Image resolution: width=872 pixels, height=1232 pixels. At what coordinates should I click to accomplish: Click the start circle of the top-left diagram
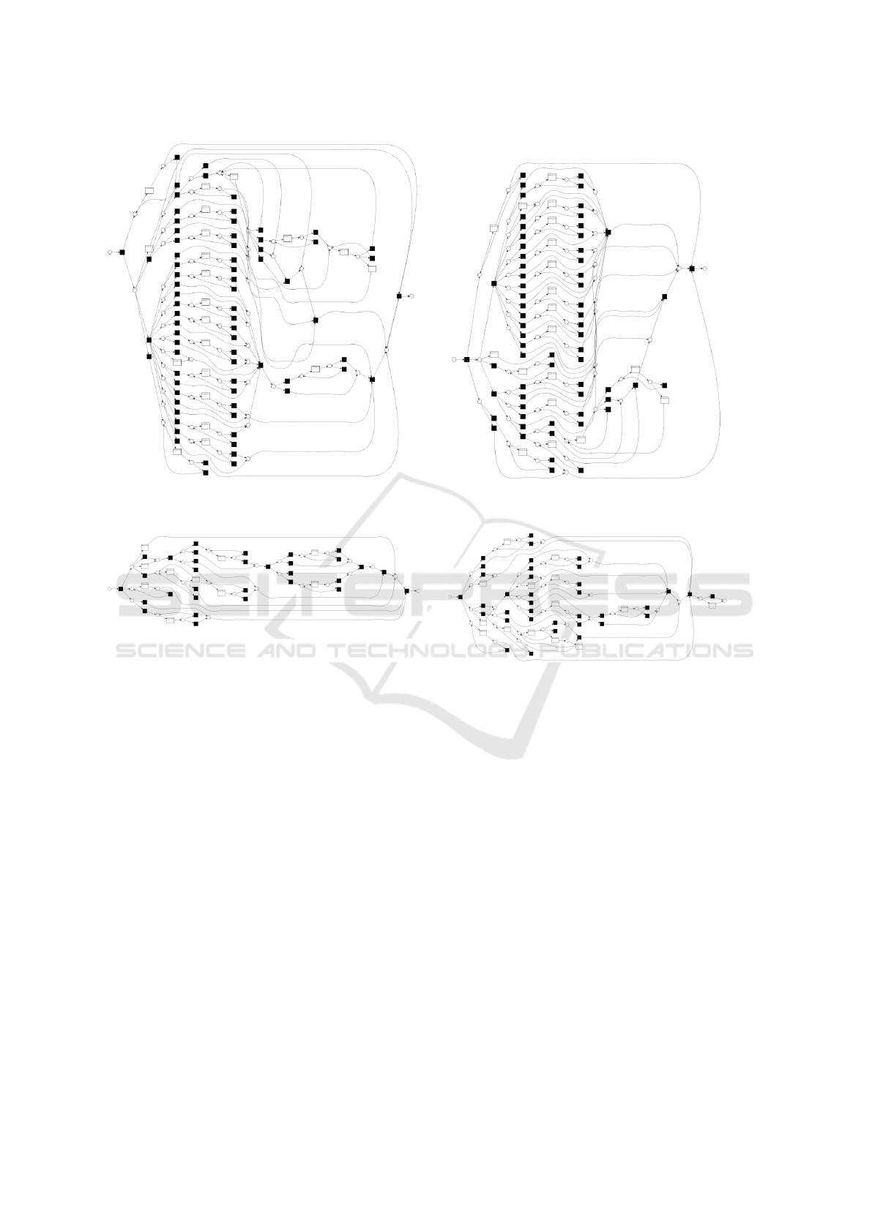[110, 252]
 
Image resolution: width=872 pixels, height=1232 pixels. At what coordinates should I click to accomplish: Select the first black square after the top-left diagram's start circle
[122, 252]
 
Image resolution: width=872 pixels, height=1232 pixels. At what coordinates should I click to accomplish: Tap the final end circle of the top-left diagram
[411, 296]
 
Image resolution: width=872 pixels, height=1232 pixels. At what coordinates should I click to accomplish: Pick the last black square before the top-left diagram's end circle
[399, 296]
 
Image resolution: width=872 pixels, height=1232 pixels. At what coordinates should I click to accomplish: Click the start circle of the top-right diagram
[454, 359]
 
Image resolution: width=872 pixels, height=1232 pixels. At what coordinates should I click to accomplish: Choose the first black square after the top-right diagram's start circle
[466, 359]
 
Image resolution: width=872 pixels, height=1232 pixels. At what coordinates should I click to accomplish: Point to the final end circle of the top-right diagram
[704, 268]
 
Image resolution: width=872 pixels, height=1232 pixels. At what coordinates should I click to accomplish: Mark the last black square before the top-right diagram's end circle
[692, 268]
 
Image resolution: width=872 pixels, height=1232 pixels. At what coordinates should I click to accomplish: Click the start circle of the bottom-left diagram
[110, 588]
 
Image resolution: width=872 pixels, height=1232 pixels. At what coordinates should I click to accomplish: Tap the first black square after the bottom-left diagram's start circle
[121, 588]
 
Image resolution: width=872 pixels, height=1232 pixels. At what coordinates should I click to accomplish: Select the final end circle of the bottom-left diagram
[418, 590]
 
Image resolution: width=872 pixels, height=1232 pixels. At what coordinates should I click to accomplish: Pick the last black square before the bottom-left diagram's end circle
[407, 590]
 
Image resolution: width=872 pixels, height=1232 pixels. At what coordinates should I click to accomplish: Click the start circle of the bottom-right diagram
[450, 597]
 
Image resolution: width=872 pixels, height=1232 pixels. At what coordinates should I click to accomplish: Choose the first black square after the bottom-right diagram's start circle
[460, 597]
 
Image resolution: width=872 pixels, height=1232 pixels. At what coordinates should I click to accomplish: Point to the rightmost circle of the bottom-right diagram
[724, 601]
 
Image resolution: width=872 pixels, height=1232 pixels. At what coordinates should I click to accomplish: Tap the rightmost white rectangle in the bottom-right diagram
[712, 605]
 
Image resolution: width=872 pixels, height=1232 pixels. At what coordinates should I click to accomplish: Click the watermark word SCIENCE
[181, 651]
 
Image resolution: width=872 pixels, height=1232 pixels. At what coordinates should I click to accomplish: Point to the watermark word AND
[287, 651]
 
